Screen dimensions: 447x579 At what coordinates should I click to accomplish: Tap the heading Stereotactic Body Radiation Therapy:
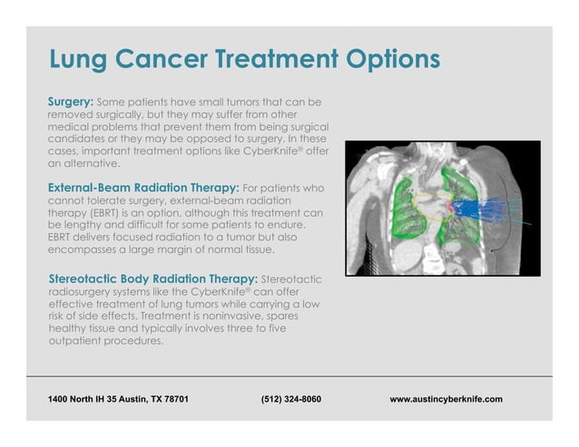pyautogui.click(x=152, y=277)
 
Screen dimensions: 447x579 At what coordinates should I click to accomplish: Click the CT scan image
pyautogui.click(x=442, y=209)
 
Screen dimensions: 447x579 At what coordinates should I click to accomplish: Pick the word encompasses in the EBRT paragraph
pyautogui.click(x=86, y=249)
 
